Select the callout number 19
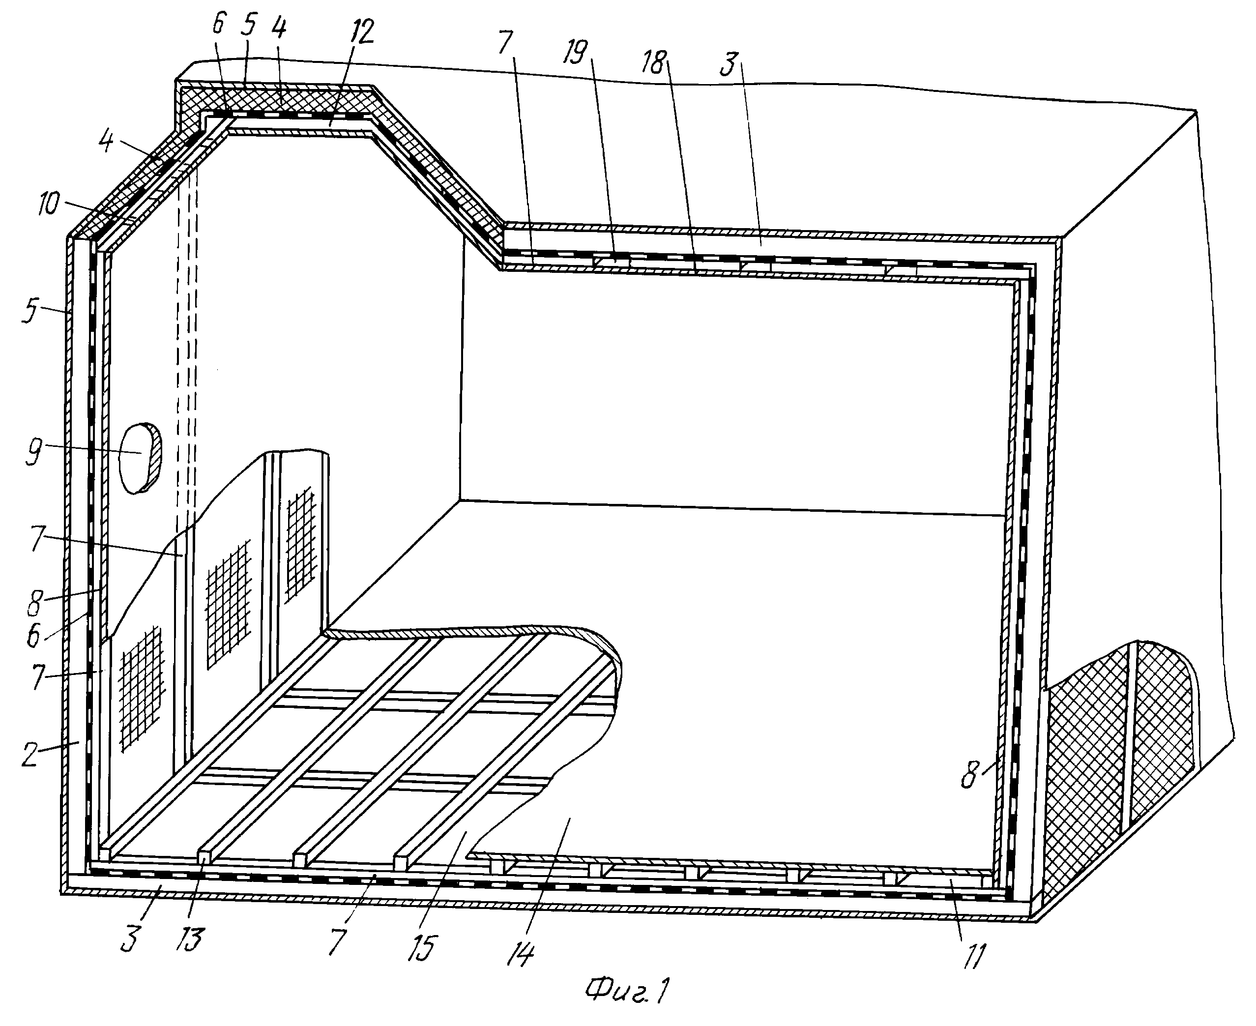tap(575, 52)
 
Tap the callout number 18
tap(654, 61)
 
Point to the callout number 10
tap(49, 205)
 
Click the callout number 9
tap(34, 453)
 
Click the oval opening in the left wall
tap(140, 458)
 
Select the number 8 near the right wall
tap(969, 776)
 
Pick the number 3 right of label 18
tap(729, 64)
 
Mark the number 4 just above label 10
tap(106, 143)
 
